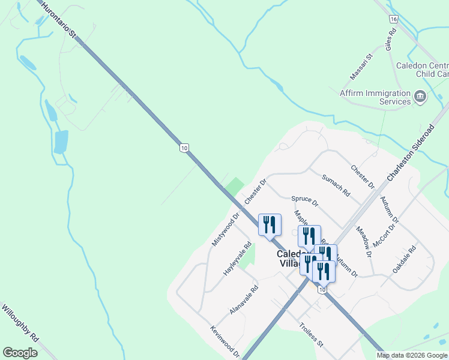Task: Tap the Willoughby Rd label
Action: pyautogui.click(x=19, y=322)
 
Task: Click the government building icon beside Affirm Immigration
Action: pyautogui.click(x=421, y=96)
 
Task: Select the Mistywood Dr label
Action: pyautogui.click(x=226, y=229)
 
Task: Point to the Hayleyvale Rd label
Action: pyautogui.click(x=237, y=259)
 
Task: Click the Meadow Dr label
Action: pyautogui.click(x=364, y=241)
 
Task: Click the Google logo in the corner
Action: pyautogui.click(x=20, y=353)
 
